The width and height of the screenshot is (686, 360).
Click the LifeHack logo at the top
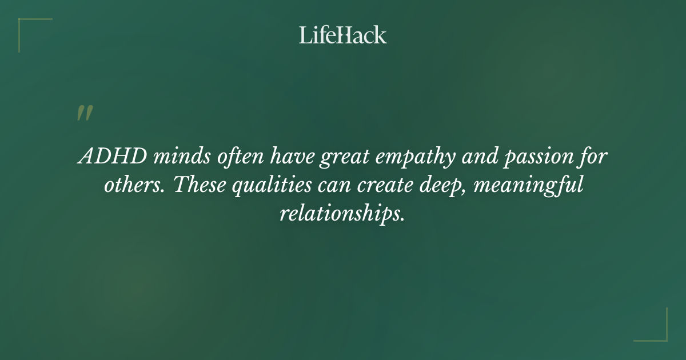(343, 35)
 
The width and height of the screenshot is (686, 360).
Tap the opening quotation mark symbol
(84, 113)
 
